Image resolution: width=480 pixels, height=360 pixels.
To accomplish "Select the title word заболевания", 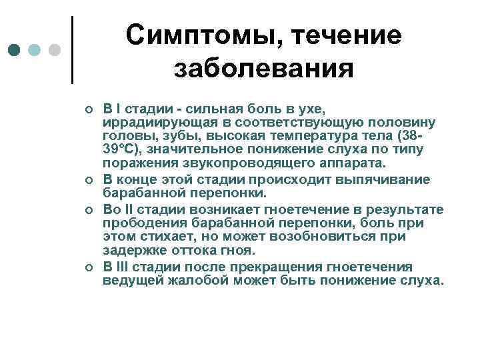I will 263,69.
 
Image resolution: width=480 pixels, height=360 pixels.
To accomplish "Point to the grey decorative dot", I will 55,50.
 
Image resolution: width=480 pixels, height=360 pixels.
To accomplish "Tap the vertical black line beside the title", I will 72,49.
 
